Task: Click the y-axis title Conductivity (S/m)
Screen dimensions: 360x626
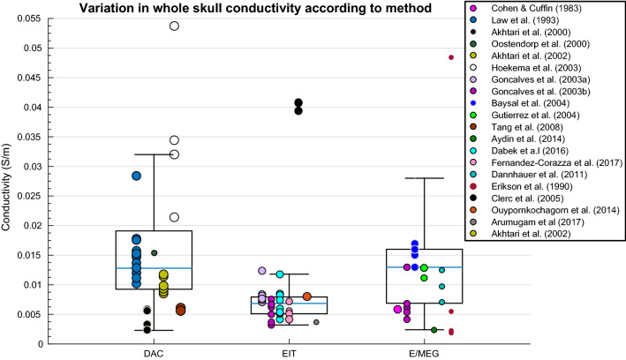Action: pyautogui.click(x=8, y=181)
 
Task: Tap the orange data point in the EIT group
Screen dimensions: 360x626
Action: pyautogui.click(x=307, y=296)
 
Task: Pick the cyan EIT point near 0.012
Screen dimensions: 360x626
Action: pyautogui.click(x=280, y=274)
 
